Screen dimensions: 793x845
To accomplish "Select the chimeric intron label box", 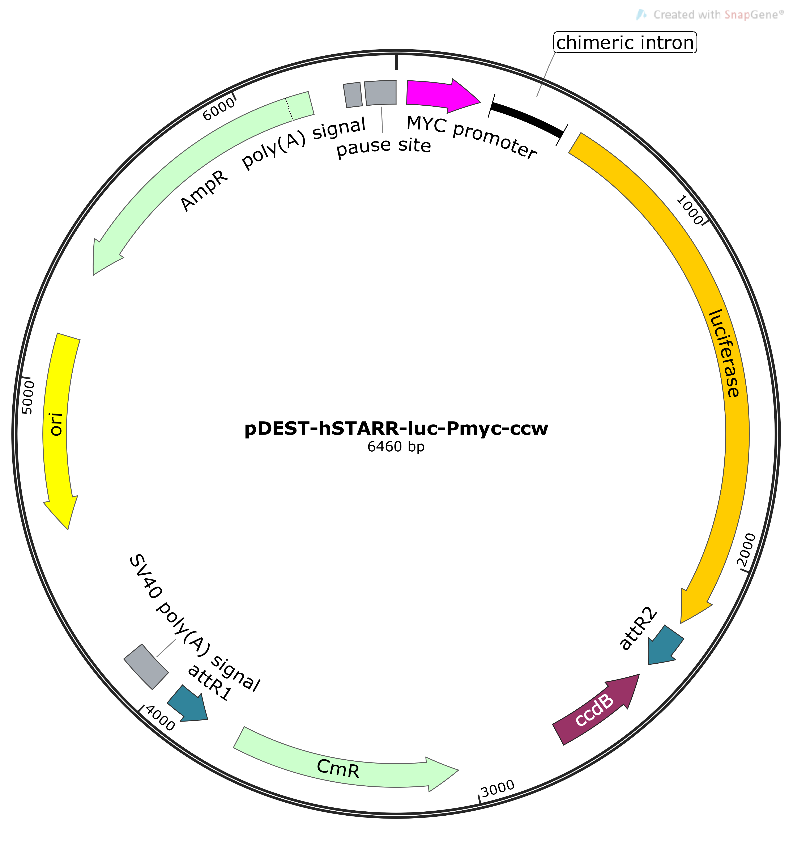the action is coord(625,42).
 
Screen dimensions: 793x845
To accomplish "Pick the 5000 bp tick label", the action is coord(28,397).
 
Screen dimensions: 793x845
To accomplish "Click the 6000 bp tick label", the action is coord(218,109).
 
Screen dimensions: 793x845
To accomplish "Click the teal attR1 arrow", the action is coord(188,704).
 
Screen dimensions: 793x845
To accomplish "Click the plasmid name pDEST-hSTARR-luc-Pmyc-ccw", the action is coord(396,428).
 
